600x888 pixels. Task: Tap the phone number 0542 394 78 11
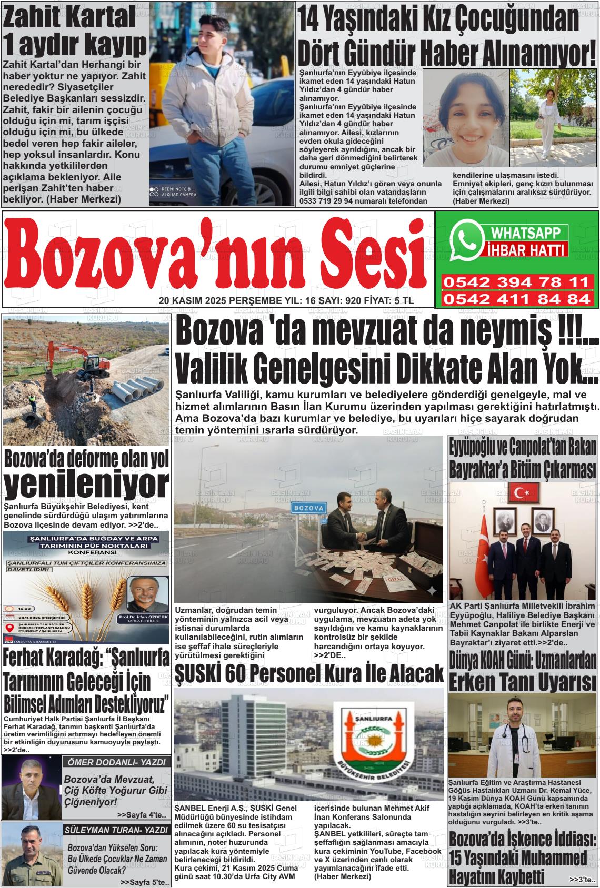(516, 282)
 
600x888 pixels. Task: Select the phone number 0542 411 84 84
(516, 299)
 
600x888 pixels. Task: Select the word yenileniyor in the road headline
(87, 481)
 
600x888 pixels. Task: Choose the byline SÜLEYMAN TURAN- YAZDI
(116, 830)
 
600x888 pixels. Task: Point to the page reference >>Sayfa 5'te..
(144, 882)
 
